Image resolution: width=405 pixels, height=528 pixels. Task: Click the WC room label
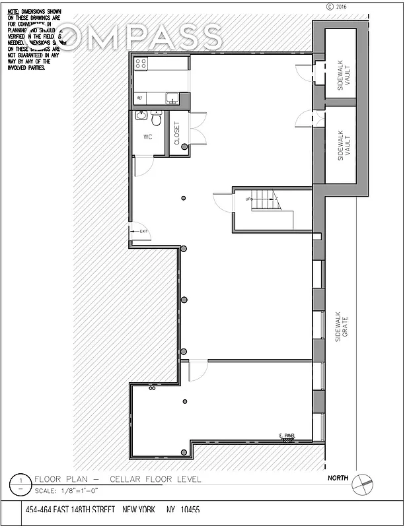(148, 137)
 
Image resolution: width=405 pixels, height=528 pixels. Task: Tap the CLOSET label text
(176, 133)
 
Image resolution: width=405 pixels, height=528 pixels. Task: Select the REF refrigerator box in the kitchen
(139, 98)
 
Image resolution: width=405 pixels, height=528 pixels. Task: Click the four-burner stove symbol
(141, 63)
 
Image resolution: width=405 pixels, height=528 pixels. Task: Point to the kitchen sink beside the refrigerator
(171, 98)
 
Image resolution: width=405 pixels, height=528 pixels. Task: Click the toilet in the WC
(156, 119)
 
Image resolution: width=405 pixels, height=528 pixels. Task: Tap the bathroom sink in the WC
(141, 115)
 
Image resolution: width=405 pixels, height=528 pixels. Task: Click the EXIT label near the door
(143, 232)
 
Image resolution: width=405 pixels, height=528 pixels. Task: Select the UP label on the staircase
(249, 199)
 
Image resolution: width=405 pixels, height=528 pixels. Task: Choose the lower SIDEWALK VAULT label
(341, 147)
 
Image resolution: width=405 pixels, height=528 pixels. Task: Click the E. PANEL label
(286, 435)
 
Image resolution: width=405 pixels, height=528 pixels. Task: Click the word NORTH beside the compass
(338, 477)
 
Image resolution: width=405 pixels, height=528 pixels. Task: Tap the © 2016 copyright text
(336, 7)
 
